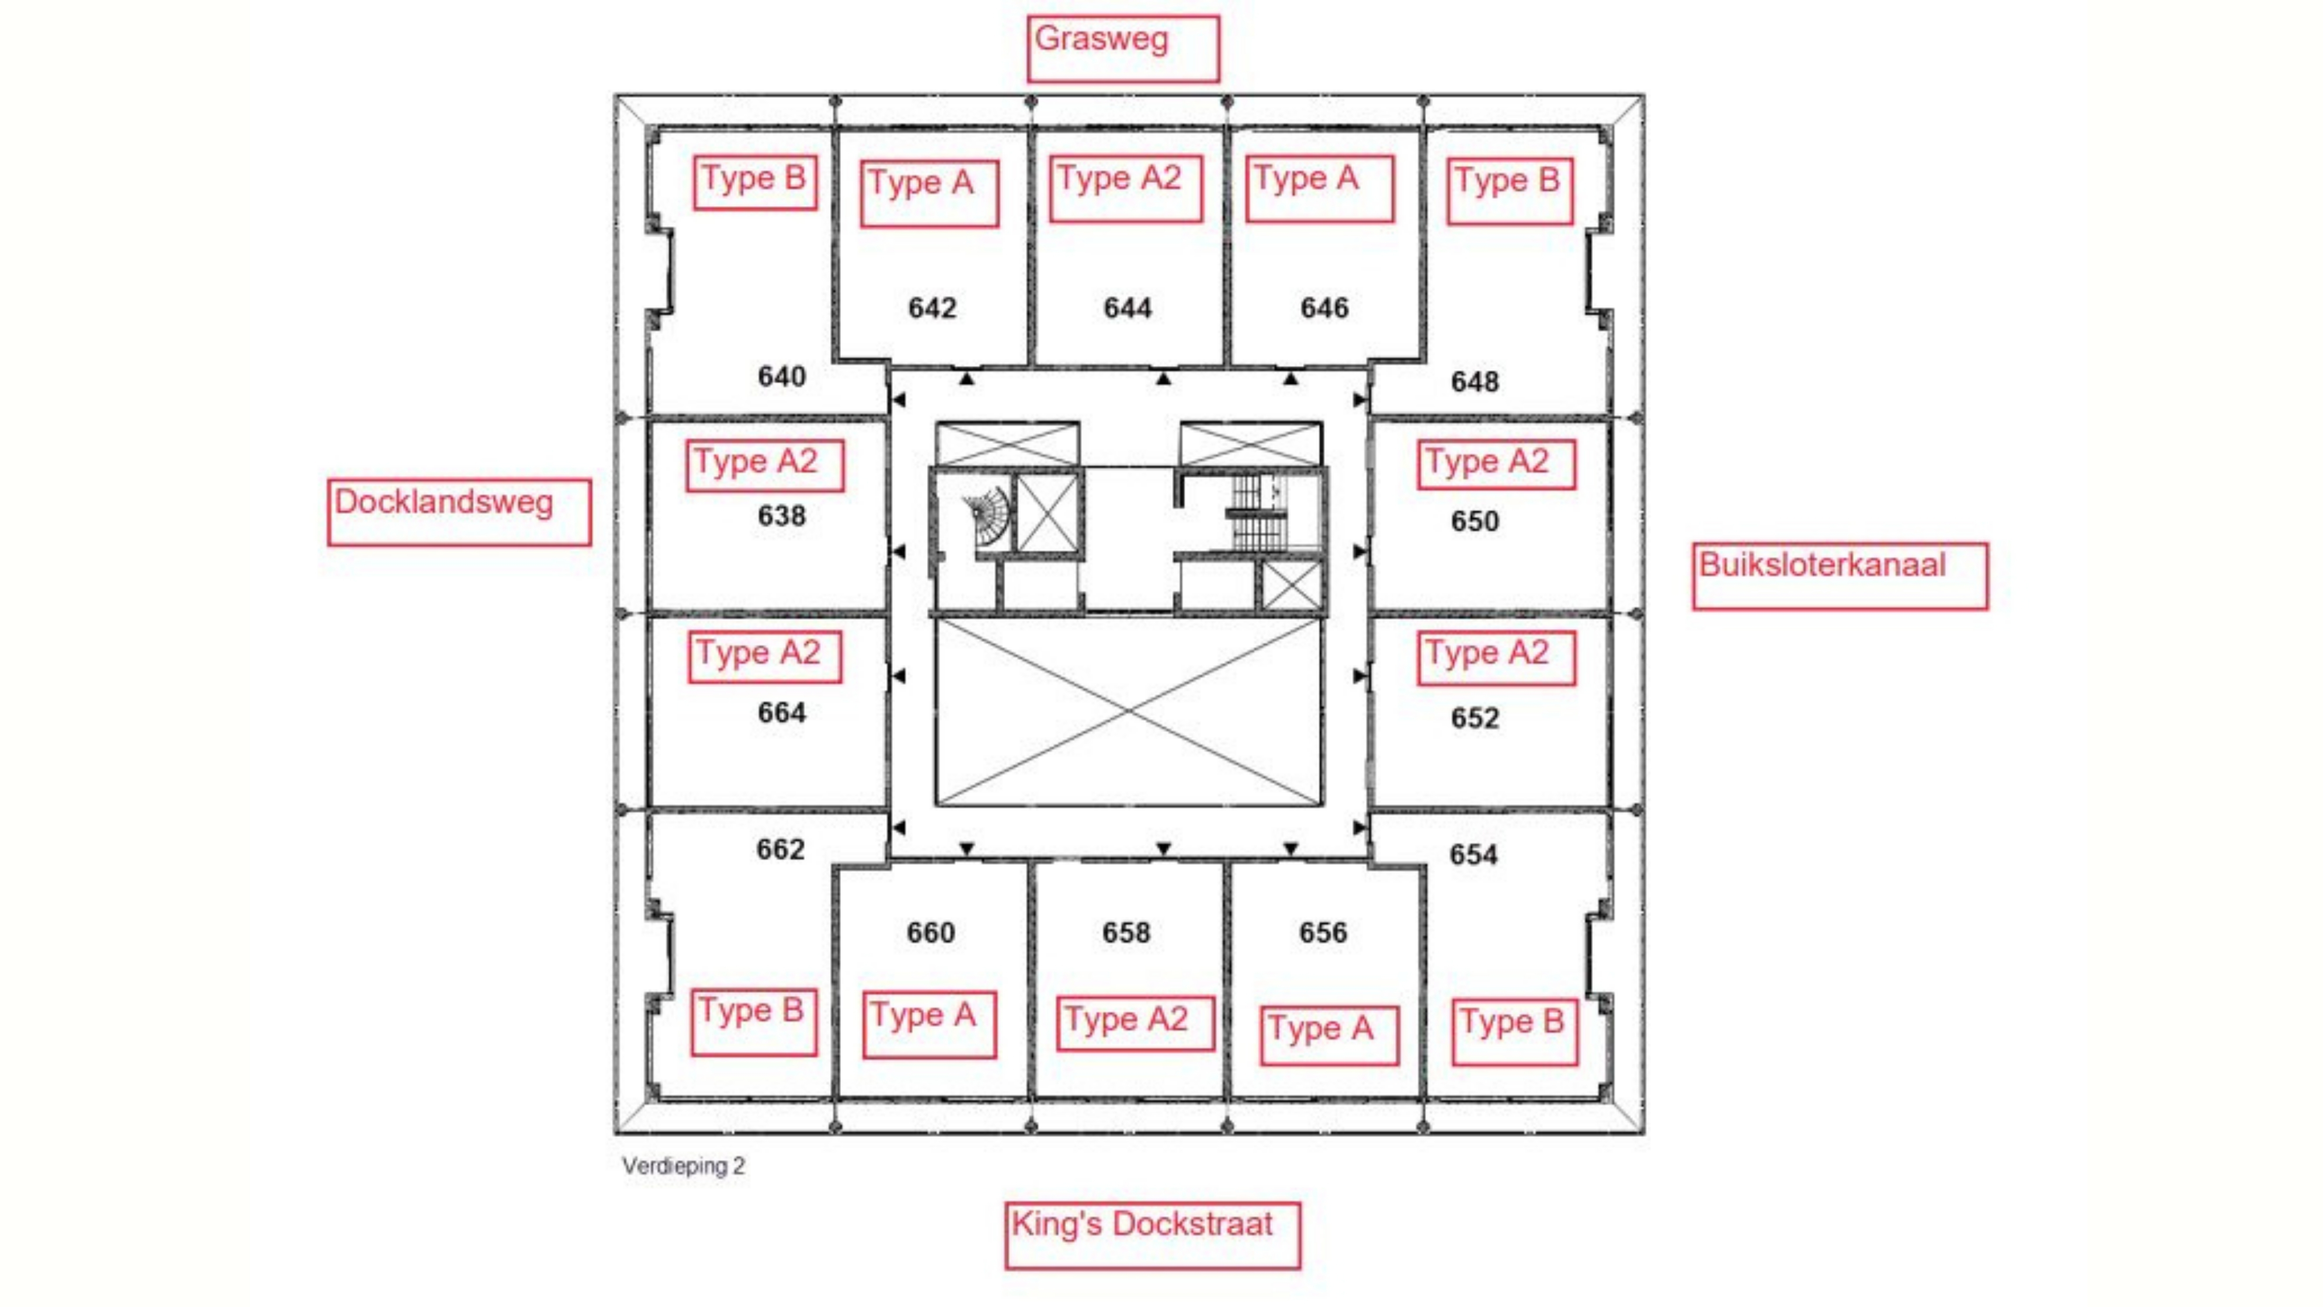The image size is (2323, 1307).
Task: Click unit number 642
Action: click(931, 308)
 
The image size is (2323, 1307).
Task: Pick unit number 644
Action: click(1127, 308)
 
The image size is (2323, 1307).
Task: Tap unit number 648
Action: click(1474, 382)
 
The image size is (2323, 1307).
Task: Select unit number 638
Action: click(781, 516)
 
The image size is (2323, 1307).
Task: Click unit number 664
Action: click(781, 713)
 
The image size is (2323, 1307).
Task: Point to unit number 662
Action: click(780, 849)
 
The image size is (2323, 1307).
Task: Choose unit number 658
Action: click(1126, 932)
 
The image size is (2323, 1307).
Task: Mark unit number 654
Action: click(1473, 854)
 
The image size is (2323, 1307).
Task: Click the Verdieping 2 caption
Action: click(684, 1165)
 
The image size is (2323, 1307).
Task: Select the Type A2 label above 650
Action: click(1496, 464)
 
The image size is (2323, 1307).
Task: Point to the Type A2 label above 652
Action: click(1496, 656)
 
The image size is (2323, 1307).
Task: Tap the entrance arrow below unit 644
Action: click(1163, 379)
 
